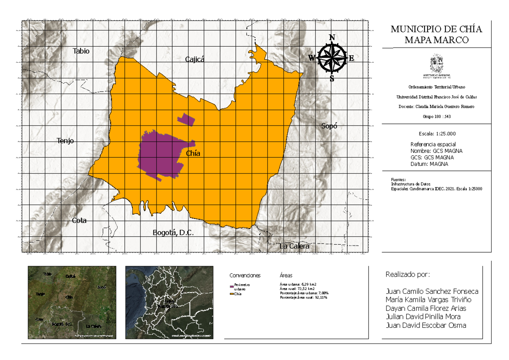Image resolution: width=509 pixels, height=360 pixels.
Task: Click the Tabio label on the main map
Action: pos(81,51)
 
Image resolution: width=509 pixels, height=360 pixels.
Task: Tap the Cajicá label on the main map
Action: pos(195,59)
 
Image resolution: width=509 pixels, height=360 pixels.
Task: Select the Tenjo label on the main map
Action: pos(65,141)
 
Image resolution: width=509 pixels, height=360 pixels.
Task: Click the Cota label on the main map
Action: pos(79,220)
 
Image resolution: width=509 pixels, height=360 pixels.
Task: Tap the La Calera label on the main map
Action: pos(294,246)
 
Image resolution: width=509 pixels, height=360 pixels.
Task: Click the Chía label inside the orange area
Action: pos(193,153)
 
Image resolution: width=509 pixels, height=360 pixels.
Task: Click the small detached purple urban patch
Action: pos(186,119)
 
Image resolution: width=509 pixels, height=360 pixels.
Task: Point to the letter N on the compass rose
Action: pos(332,37)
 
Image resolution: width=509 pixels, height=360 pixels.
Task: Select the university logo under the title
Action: pos(436,66)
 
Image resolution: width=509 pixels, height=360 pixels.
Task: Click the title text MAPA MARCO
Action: pos(436,40)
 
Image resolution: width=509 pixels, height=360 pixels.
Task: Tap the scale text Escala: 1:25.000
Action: pos(436,133)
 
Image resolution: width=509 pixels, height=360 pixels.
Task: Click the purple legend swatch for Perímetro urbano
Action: pos(232,287)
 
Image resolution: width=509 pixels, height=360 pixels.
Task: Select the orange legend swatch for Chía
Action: pos(232,294)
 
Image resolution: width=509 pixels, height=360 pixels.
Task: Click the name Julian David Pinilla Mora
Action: pos(423,317)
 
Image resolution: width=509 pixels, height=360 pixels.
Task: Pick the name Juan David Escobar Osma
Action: pos(426,325)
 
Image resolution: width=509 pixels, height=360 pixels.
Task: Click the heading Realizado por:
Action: pos(408,275)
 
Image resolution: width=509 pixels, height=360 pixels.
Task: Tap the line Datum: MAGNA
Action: pos(429,164)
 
